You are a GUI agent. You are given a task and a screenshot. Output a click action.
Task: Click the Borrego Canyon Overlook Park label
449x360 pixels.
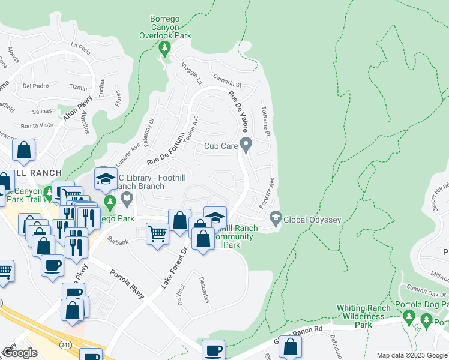click(165, 28)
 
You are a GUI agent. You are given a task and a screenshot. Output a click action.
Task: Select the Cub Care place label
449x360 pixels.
click(220, 145)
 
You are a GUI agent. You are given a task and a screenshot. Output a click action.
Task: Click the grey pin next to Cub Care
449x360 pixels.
click(246, 144)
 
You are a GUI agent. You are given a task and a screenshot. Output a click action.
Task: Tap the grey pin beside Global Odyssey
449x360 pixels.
click(276, 218)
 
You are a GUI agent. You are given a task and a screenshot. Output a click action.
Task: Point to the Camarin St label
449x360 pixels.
click(226, 80)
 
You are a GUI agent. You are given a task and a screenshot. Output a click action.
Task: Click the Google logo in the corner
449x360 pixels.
click(20, 353)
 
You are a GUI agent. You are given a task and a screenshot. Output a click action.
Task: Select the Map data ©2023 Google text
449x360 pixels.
click(412, 355)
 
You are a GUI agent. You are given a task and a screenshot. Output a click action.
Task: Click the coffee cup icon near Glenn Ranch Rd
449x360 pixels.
click(213, 349)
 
